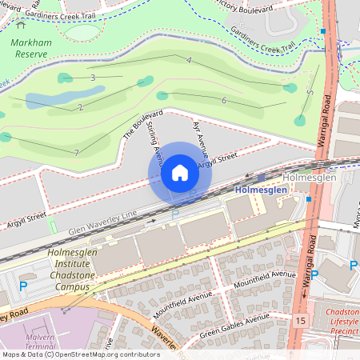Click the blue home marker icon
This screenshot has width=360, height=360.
click(x=180, y=173)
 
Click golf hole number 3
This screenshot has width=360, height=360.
click(x=93, y=78)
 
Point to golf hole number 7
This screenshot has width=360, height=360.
click(x=76, y=152)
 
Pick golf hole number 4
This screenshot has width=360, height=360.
click(x=189, y=61)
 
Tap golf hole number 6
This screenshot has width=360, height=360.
click(x=224, y=100)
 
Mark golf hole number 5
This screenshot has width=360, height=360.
click(x=310, y=93)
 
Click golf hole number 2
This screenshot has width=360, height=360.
click(x=81, y=107)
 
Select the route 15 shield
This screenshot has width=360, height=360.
click(x=299, y=320)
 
